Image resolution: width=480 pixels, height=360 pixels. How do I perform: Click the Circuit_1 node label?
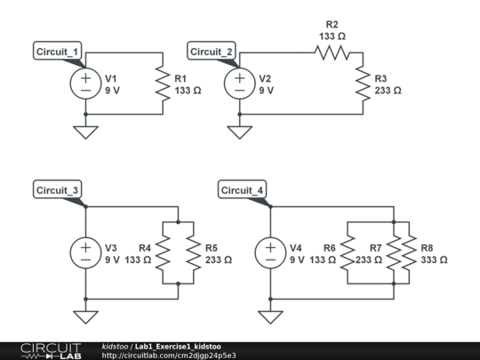[x=57, y=52]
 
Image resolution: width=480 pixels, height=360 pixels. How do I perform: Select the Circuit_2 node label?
[x=212, y=52]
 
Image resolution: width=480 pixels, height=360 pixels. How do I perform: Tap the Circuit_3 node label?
[x=57, y=190]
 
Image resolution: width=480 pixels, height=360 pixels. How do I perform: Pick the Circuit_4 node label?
[x=242, y=190]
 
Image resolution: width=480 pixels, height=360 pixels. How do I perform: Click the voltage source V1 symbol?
[x=85, y=84]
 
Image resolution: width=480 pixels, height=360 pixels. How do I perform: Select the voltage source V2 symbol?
[x=240, y=84]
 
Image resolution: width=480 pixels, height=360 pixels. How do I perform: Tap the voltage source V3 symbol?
[x=85, y=252]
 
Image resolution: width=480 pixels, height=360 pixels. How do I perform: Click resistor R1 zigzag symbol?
[x=162, y=84]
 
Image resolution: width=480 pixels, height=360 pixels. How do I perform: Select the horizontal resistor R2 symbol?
[x=332, y=52]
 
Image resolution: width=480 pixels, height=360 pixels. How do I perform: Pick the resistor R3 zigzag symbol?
[x=363, y=84]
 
